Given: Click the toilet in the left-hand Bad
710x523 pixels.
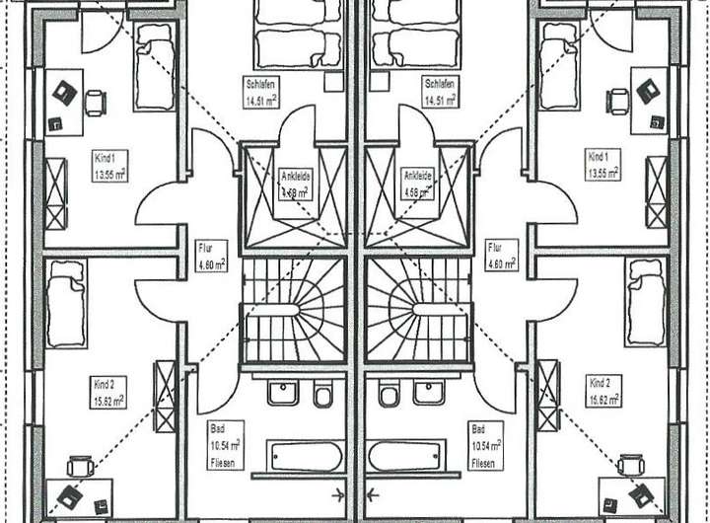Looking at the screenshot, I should point(320,396).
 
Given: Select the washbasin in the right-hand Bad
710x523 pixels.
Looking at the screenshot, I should point(429,392).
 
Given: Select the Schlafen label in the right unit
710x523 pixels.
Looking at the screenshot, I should point(441,92).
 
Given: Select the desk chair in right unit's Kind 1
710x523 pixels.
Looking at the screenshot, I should point(618,99).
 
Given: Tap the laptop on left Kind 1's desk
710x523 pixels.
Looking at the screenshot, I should point(66,91).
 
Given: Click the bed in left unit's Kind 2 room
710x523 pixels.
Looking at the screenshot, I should point(67,303).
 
